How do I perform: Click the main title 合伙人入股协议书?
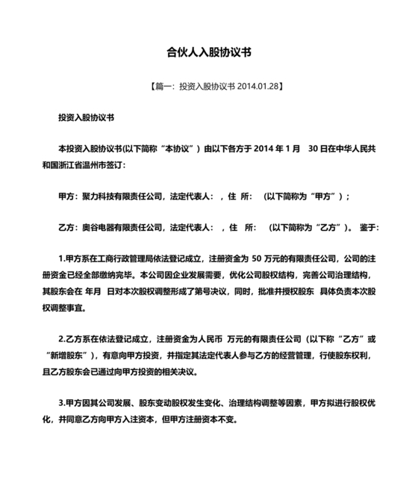(x=208, y=53)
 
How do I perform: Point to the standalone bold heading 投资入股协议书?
(x=86, y=118)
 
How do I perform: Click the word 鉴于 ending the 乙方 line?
(x=370, y=226)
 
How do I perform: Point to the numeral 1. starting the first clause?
(x=62, y=256)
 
